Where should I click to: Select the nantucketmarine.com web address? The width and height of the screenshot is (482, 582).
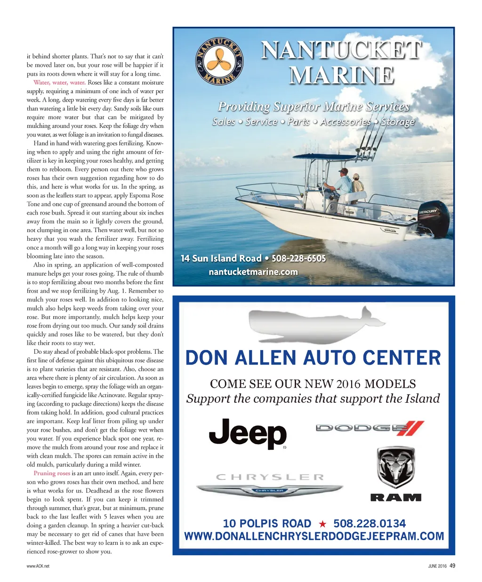coord(253,272)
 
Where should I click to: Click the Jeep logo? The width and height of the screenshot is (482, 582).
coord(248,434)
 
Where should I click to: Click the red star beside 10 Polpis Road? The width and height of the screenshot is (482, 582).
coord(322,524)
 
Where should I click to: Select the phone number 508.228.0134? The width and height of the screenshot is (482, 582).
coord(370,524)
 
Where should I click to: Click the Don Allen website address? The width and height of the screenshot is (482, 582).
coord(314,536)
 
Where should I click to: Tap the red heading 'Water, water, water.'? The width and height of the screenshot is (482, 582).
coord(59,82)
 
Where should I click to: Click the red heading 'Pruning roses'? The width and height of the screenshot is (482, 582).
coord(52,473)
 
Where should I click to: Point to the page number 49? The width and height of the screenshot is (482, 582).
coord(452,566)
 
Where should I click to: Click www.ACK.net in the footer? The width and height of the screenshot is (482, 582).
coord(38,566)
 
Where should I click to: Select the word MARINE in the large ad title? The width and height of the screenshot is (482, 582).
coord(342,76)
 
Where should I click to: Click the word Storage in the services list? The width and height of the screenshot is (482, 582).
coord(398,122)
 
